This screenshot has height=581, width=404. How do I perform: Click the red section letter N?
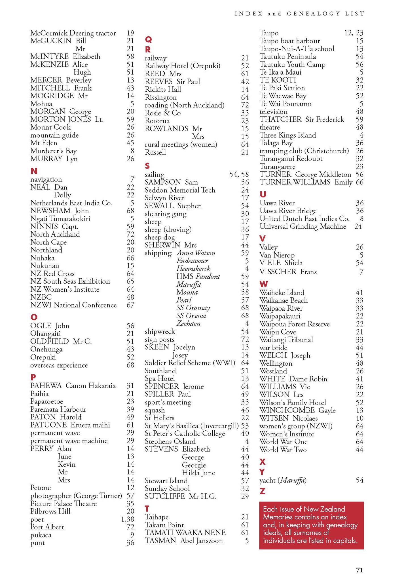point(34,171)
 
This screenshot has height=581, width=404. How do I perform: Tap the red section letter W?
point(263,284)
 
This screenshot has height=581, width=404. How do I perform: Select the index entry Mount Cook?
point(50,127)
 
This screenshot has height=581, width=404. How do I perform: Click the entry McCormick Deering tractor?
point(73,33)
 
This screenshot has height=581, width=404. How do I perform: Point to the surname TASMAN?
point(160,541)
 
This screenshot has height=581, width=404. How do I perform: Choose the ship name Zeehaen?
point(188,324)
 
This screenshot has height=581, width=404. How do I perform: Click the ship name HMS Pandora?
point(198,277)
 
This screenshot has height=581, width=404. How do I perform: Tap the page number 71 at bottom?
point(359,570)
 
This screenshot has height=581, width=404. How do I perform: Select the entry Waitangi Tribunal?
point(286,340)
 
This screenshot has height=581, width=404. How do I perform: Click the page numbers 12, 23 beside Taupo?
point(354,33)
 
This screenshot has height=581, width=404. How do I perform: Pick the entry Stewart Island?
point(166,481)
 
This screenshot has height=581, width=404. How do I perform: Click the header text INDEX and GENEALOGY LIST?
point(299,13)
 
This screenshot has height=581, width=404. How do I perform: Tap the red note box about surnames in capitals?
point(311,525)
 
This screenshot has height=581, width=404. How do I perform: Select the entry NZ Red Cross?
point(52,274)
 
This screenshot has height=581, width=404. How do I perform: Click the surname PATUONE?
point(48,425)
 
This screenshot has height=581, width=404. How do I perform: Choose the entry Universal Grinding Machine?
point(303,226)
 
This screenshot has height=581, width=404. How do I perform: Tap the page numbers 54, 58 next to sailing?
point(239,174)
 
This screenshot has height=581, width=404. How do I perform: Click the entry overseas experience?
point(59,365)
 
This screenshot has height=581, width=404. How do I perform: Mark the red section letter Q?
point(148,39)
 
